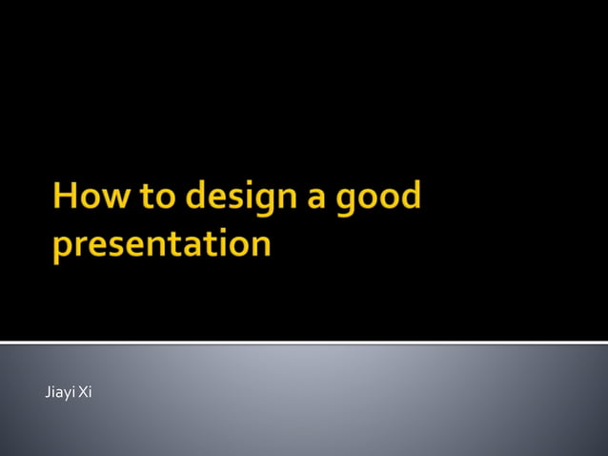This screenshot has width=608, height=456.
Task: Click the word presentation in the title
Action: (x=161, y=244)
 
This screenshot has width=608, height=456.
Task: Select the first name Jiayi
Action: (x=60, y=392)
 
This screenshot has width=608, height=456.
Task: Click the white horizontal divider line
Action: (x=304, y=342)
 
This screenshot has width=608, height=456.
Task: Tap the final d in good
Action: (x=411, y=196)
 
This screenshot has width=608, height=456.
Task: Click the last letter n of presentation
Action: (x=260, y=245)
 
